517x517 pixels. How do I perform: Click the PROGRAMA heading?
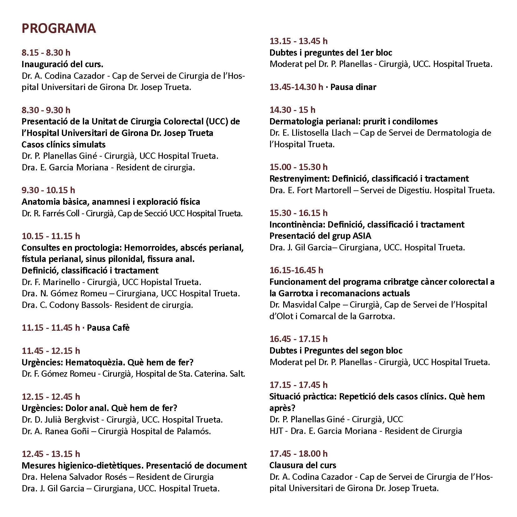(x=58, y=28)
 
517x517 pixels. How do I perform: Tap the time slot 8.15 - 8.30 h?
(x=46, y=53)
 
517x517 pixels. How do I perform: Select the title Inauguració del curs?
(x=62, y=64)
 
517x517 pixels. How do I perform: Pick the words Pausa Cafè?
(x=108, y=328)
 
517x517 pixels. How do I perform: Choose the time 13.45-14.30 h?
(x=296, y=87)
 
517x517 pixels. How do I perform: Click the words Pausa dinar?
(x=353, y=87)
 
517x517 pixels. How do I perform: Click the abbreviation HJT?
(x=276, y=431)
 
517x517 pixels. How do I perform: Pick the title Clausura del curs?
(x=303, y=465)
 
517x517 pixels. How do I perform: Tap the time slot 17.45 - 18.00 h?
(x=299, y=454)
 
